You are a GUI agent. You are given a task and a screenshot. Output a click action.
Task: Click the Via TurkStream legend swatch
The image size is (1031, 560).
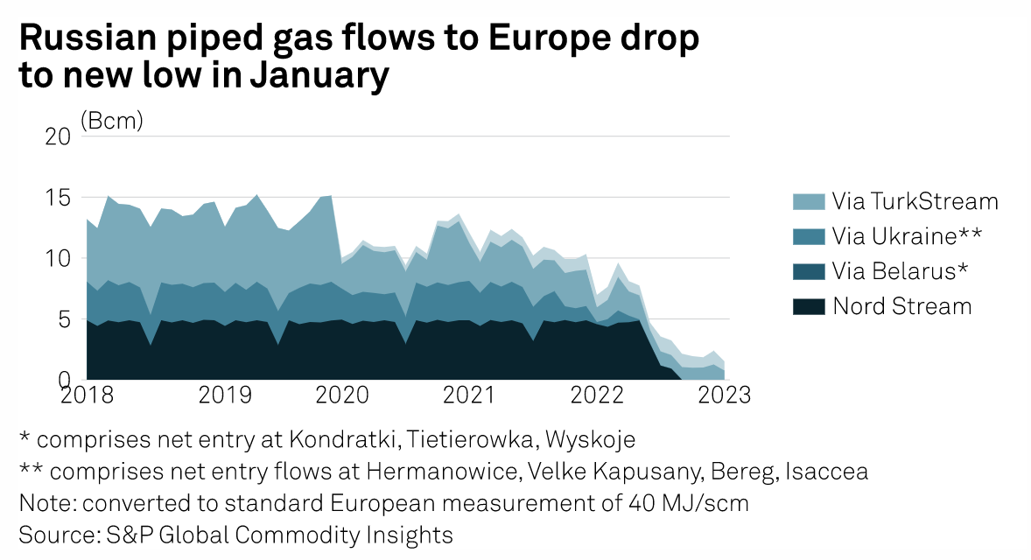click(805, 201)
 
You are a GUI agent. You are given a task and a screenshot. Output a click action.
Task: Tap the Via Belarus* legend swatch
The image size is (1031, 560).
click(805, 271)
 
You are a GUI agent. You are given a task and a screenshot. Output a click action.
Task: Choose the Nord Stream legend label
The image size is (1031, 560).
click(902, 306)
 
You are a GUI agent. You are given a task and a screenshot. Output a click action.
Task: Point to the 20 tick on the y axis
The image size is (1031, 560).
click(57, 136)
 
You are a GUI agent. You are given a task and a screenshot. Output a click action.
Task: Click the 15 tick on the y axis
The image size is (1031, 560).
click(57, 198)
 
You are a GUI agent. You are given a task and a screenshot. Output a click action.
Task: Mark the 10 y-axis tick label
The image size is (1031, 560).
click(57, 259)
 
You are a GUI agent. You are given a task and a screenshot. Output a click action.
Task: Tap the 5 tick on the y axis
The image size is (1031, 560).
click(62, 320)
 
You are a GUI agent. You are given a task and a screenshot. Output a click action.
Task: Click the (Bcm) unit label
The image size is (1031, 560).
click(111, 121)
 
